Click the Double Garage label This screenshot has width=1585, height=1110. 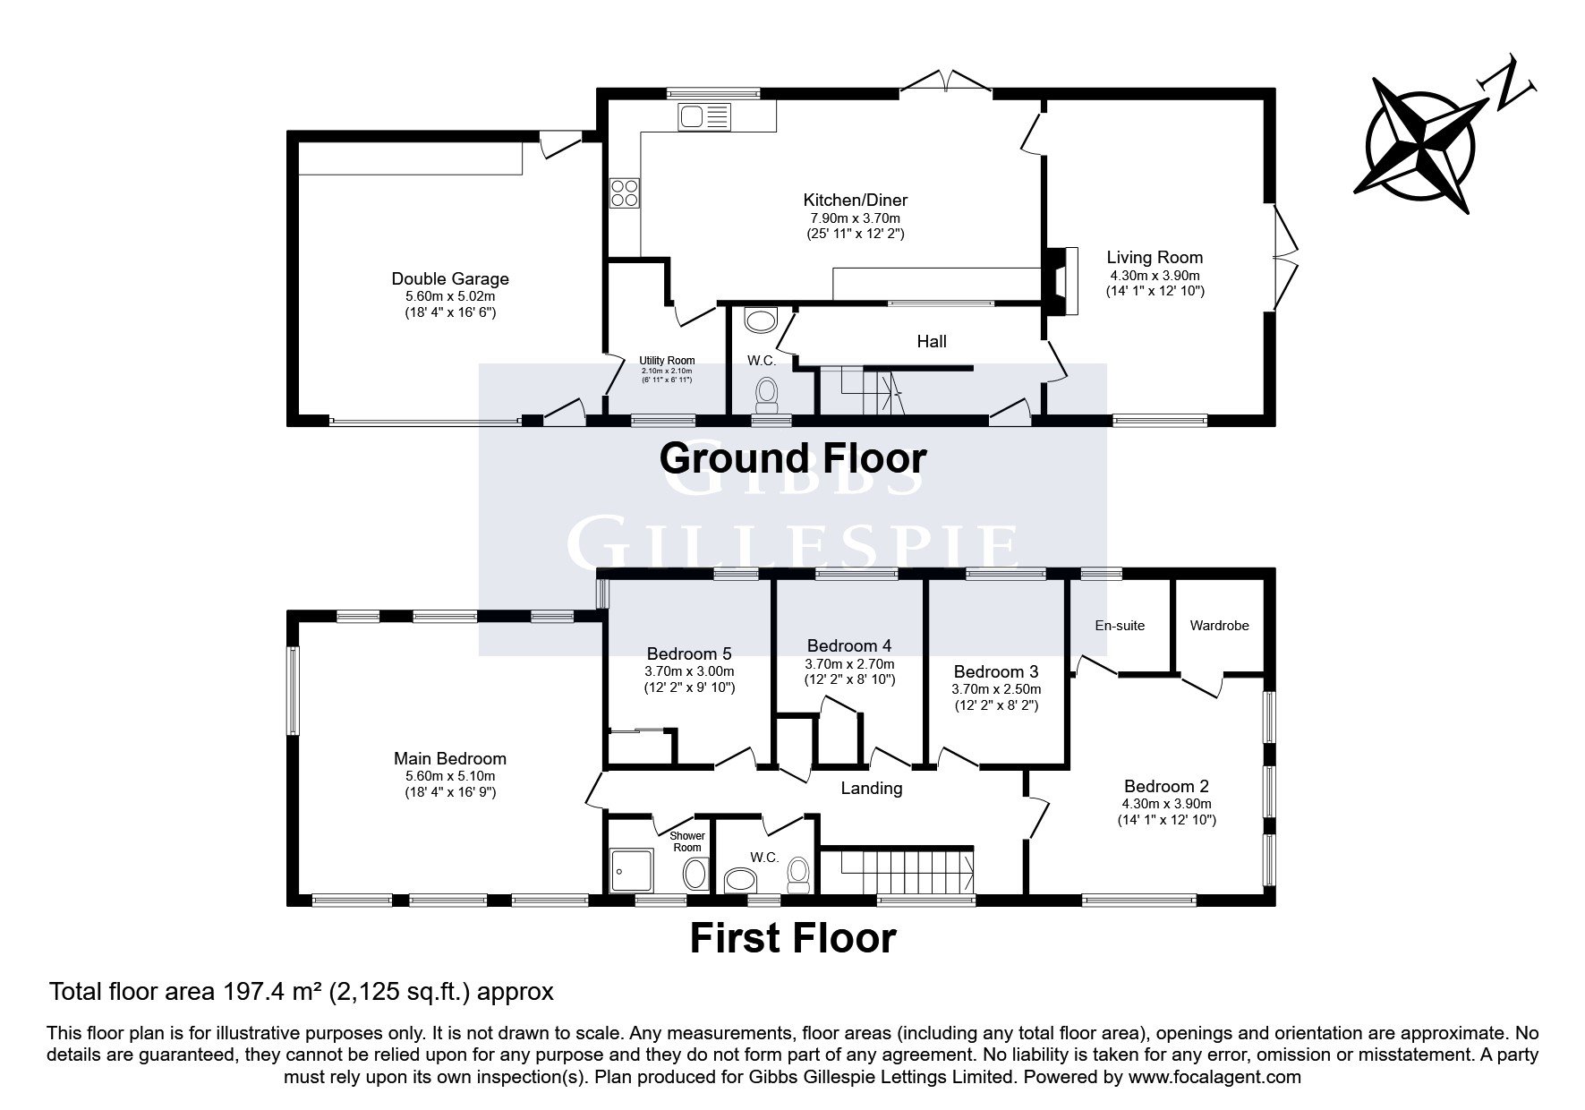[x=450, y=279]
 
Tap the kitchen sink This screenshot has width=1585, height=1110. [x=705, y=115]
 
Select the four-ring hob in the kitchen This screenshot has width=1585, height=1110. [x=625, y=192]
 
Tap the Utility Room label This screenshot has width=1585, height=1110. [x=668, y=361]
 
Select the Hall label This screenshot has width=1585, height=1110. [x=932, y=341]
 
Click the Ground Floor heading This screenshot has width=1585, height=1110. [x=793, y=458]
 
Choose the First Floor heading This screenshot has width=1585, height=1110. [x=793, y=938]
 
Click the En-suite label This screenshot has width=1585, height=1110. [x=1120, y=626]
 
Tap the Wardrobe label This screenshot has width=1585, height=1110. [x=1219, y=626]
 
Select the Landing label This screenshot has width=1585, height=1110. [x=872, y=788]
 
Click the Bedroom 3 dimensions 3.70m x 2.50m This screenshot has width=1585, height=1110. [x=996, y=690]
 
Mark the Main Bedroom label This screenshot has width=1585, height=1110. [x=450, y=759]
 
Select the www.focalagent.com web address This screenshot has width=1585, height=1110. [x=1214, y=1077]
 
